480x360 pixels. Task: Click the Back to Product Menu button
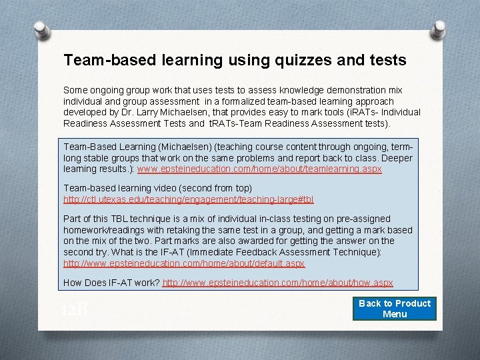395,309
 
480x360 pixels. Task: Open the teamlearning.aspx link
259,169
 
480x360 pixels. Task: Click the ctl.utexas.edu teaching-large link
189,199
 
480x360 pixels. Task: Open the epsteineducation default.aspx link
184,263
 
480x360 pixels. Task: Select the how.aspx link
278,283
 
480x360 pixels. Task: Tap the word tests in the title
387,61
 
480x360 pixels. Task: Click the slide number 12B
75,310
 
